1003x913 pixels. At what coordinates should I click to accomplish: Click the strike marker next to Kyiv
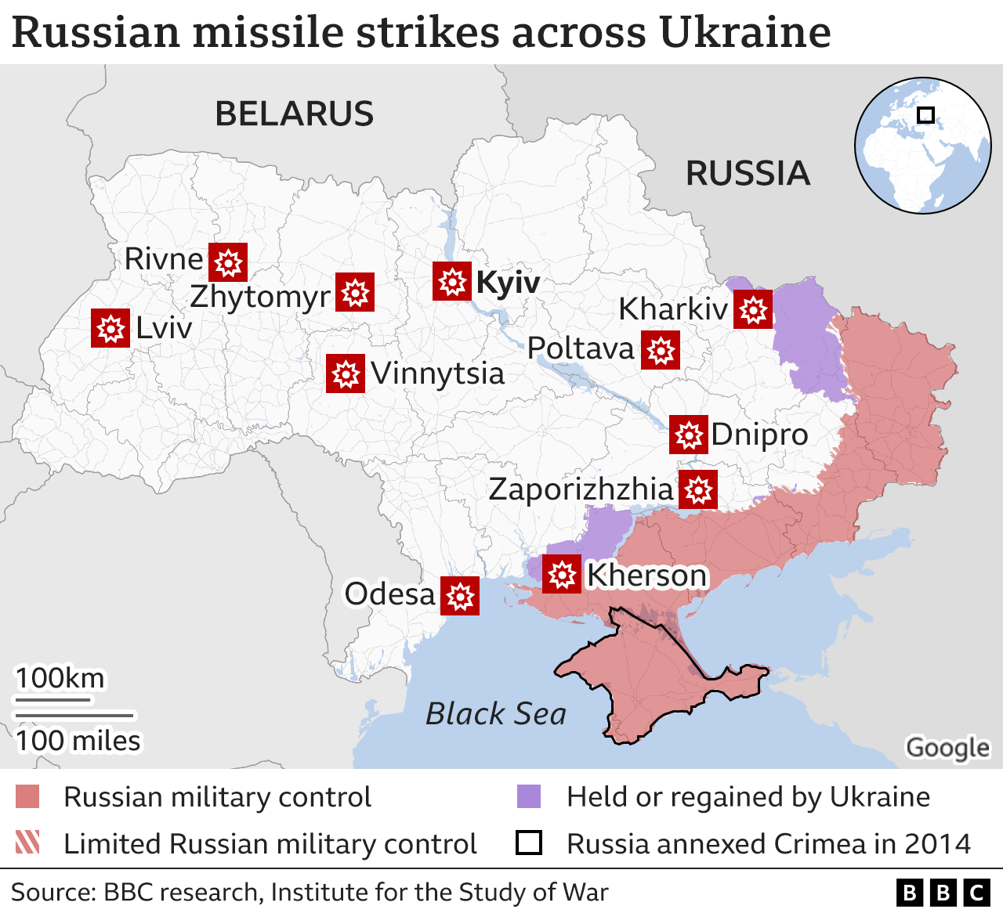[x=452, y=281]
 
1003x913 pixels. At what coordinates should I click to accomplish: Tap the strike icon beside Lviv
[x=110, y=327]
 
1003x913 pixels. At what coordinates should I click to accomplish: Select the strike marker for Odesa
[x=460, y=596]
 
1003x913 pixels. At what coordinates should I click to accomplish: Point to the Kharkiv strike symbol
[x=753, y=309]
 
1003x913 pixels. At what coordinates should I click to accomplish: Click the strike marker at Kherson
[x=562, y=574]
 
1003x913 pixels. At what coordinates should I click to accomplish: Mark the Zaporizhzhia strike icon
[x=697, y=489]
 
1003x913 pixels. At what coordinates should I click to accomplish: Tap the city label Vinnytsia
[x=437, y=373]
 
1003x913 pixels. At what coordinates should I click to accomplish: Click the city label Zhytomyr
[x=260, y=297]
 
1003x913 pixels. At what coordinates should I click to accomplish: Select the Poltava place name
[x=580, y=348]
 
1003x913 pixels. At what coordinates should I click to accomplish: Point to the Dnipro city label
[x=759, y=434]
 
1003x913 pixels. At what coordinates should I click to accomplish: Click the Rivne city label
[x=164, y=259]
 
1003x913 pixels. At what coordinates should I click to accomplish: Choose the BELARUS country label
[x=295, y=114]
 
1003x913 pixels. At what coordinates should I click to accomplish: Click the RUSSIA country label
[x=748, y=173]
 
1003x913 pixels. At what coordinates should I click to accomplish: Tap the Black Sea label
[x=495, y=713]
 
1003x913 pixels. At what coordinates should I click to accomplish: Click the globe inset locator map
[x=922, y=145]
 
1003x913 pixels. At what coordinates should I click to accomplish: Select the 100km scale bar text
[x=60, y=678]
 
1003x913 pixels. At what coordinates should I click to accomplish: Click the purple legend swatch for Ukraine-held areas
[x=529, y=796]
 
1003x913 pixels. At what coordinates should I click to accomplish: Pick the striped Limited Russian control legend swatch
[x=27, y=843]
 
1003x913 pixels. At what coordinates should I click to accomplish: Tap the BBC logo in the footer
[x=943, y=893]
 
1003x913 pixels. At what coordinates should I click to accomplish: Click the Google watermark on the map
[x=947, y=748]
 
